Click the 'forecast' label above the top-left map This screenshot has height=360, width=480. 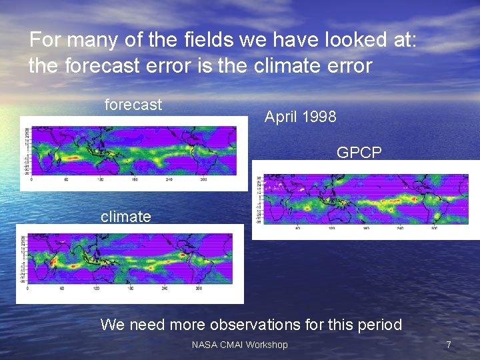(133, 105)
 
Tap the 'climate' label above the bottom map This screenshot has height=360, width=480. (125, 216)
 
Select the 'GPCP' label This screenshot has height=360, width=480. (359, 153)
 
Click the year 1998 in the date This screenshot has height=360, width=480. (319, 117)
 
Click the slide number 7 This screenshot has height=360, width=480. (449, 345)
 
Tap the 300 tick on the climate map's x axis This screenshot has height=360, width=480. (199, 289)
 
